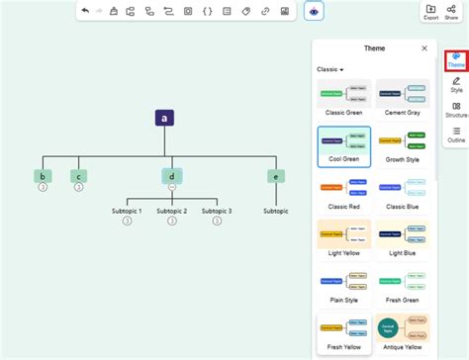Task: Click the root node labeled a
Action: click(165, 118)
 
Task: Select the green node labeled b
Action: click(43, 176)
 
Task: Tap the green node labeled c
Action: click(79, 176)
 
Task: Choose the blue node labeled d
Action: click(171, 176)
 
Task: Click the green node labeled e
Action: click(274, 176)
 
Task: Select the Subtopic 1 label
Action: click(127, 211)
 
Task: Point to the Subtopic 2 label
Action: click(171, 211)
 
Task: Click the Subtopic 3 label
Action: click(216, 211)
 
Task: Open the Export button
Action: click(431, 12)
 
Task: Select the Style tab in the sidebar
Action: click(456, 84)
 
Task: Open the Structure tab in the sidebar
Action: click(456, 109)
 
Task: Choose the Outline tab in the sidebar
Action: click(456, 135)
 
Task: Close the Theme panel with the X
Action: click(424, 47)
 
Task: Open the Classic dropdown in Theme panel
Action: click(330, 69)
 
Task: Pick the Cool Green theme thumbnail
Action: click(344, 144)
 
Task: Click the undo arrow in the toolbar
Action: click(86, 12)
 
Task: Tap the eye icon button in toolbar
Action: click(314, 12)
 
